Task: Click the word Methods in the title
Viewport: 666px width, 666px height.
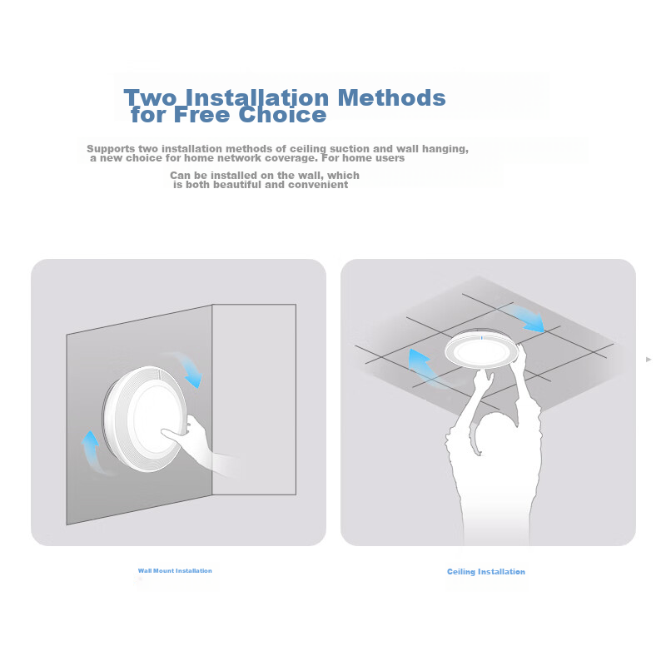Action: click(x=391, y=97)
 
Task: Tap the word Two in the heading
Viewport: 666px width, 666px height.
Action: click(x=150, y=97)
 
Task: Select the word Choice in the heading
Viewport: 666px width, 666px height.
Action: click(x=282, y=114)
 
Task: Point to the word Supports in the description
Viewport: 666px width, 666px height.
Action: click(x=111, y=149)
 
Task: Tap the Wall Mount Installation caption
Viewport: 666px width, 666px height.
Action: click(x=175, y=570)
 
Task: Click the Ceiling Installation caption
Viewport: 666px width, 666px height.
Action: click(x=486, y=572)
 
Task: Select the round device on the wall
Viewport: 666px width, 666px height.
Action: click(x=144, y=419)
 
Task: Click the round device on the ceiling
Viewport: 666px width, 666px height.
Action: click(x=482, y=350)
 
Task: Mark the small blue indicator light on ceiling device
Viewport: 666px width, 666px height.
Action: click(x=481, y=338)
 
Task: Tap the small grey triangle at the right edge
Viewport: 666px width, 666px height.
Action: click(x=649, y=360)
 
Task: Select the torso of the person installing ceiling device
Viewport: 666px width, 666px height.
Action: click(x=495, y=489)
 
